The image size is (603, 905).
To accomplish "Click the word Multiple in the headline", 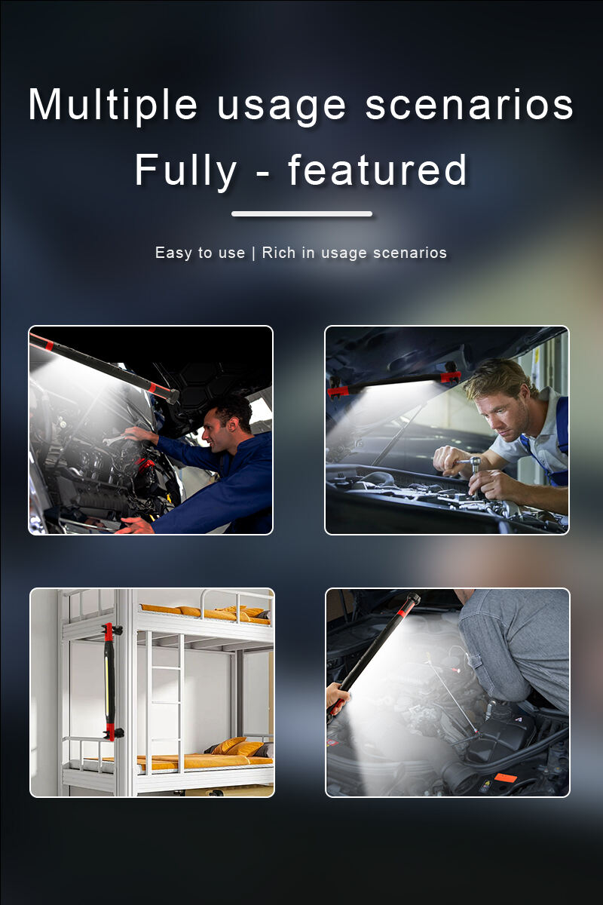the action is [x=112, y=105].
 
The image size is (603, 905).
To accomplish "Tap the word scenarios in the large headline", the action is [x=470, y=105].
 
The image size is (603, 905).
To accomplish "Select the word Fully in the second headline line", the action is [x=185, y=170].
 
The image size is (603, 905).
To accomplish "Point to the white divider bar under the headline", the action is [x=301, y=213].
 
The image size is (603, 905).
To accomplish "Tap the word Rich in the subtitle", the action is [x=279, y=253].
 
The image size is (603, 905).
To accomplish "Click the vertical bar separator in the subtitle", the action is [x=253, y=253].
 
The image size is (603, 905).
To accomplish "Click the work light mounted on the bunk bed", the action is [x=110, y=682].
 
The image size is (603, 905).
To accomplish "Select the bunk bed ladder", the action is [x=166, y=702].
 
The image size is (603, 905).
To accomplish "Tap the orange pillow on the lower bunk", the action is [x=229, y=745].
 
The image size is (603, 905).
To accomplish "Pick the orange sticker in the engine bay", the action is [x=505, y=777].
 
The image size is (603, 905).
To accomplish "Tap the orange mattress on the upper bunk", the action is [x=206, y=612].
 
